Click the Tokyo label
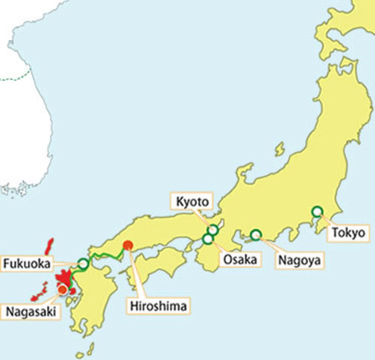coord(350,233)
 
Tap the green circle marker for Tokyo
coord(317,211)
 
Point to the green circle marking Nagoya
coord(256,235)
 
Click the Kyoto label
coord(193,201)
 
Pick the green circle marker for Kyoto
coord(214,229)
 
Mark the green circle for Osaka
coord(208,239)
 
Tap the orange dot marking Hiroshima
coord(128,244)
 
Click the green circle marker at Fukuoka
coord(83,264)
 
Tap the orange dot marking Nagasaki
coord(62,288)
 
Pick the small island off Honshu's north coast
coord(279,149)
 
